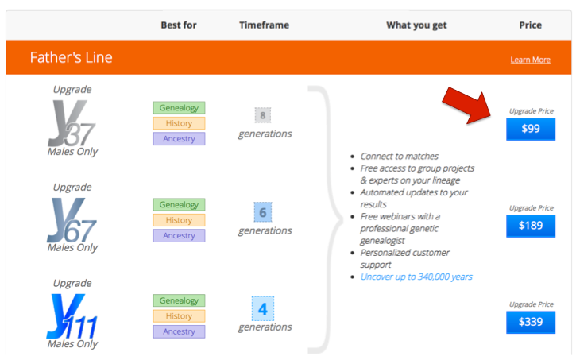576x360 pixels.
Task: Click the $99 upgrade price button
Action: pyautogui.click(x=531, y=129)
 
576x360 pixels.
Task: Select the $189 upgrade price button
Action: pyautogui.click(x=531, y=226)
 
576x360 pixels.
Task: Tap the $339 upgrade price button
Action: pyautogui.click(x=531, y=322)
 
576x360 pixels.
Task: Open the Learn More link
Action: pyautogui.click(x=530, y=60)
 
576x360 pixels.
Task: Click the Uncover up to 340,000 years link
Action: pyautogui.click(x=416, y=277)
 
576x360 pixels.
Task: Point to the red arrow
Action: pyautogui.click(x=467, y=105)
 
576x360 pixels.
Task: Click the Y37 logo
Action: pyautogui.click(x=72, y=124)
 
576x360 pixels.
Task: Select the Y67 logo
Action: pyautogui.click(x=72, y=220)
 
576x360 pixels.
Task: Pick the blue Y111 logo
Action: pyautogui.click(x=72, y=316)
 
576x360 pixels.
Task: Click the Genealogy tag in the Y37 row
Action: pyautogui.click(x=179, y=107)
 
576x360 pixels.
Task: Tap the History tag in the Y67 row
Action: pyautogui.click(x=179, y=220)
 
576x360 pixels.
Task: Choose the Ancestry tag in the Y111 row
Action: pyautogui.click(x=179, y=331)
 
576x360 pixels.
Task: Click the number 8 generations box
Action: pyautogui.click(x=263, y=115)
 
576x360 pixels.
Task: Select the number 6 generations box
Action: pyautogui.click(x=263, y=212)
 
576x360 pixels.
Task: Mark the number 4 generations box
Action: pyautogui.click(x=263, y=308)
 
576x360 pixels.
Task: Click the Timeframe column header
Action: pyautogui.click(x=264, y=25)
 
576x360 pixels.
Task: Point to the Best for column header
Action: pyautogui.click(x=179, y=25)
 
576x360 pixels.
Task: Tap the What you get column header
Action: pyautogui.click(x=416, y=25)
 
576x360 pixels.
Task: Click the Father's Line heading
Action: pyautogui.click(x=72, y=57)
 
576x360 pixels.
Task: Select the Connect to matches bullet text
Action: pyautogui.click(x=400, y=156)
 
